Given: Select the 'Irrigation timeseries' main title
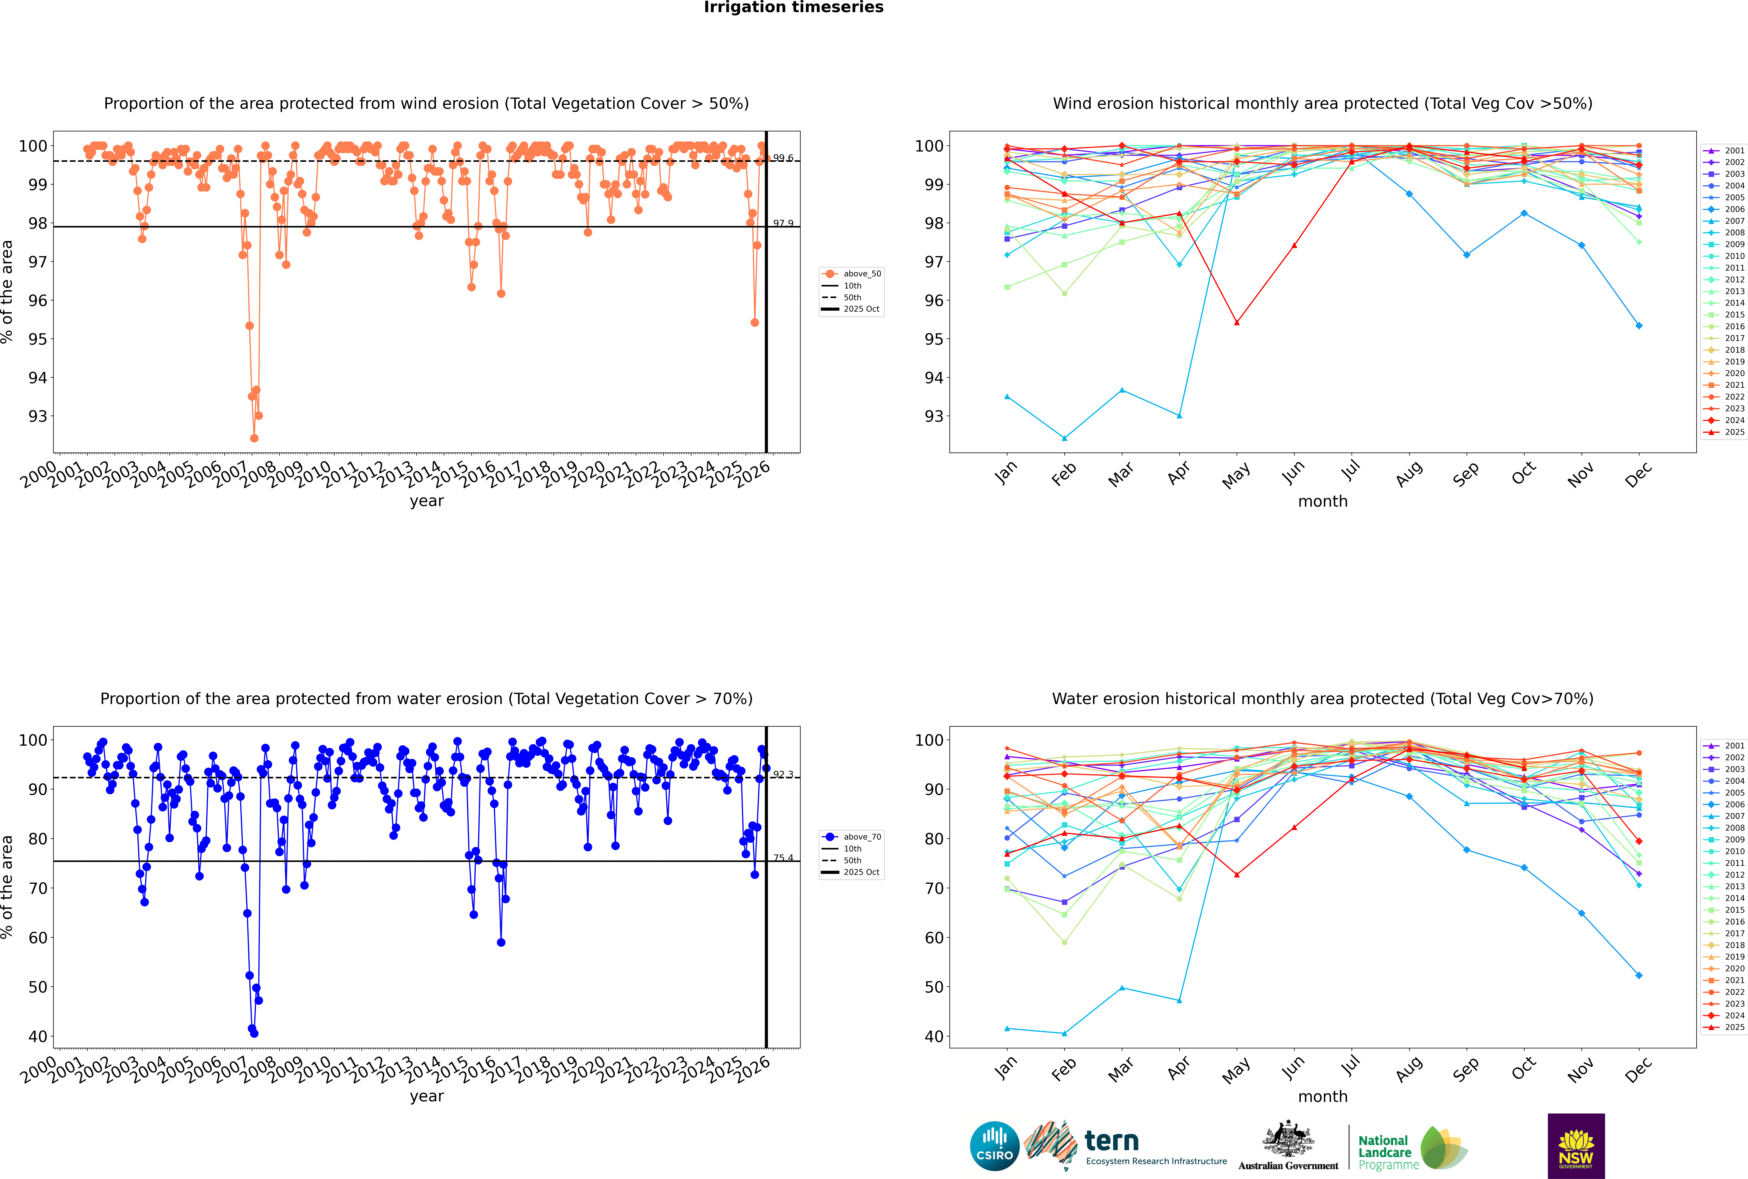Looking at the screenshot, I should coord(794,7).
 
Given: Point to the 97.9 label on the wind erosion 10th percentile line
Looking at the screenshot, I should coord(783,223).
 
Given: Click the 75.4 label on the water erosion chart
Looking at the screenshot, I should coord(783,858).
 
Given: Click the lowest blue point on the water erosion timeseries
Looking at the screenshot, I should coord(254,1033).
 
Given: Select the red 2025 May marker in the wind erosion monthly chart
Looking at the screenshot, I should coord(1237,323).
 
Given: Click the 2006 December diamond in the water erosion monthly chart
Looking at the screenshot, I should coord(1639,975).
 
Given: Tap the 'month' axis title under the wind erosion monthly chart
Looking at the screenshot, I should coord(1323,502).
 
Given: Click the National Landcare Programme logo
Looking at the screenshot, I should coord(1411,1148).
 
